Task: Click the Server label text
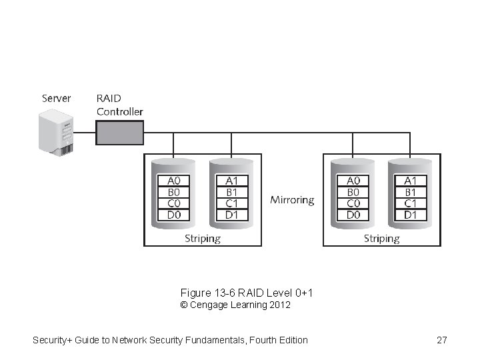pyautogui.click(x=57, y=98)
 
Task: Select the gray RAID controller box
pyautogui.click(x=119, y=133)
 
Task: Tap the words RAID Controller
pyautogui.click(x=119, y=105)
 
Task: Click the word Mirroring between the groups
pyautogui.click(x=292, y=200)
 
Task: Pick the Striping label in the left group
pyautogui.click(x=203, y=238)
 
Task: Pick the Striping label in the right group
pyautogui.click(x=381, y=238)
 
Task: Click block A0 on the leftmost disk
pyautogui.click(x=173, y=181)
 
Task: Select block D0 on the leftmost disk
pyautogui.click(x=173, y=215)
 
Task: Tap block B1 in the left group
pyautogui.click(x=232, y=192)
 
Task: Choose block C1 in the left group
pyautogui.click(x=232, y=203)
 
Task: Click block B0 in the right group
pyautogui.click(x=353, y=192)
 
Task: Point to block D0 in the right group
pyautogui.click(x=353, y=215)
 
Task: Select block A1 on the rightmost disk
pyautogui.click(x=411, y=181)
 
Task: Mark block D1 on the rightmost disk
pyautogui.click(x=411, y=215)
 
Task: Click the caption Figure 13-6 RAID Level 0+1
pyautogui.click(x=247, y=293)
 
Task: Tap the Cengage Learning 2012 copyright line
pyautogui.click(x=235, y=305)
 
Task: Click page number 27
pyautogui.click(x=441, y=340)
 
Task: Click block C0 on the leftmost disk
pyautogui.click(x=173, y=203)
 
